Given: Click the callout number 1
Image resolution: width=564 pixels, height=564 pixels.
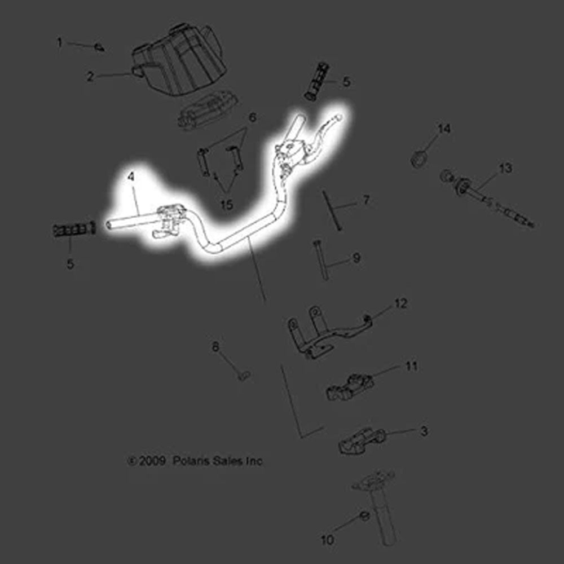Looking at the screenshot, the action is (x=59, y=43).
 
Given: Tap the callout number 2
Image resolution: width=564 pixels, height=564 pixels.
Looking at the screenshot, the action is (x=90, y=76).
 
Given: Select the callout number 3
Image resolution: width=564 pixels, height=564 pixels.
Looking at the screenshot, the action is (x=424, y=431).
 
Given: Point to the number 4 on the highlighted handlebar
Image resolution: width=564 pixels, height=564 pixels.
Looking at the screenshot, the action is (x=131, y=177).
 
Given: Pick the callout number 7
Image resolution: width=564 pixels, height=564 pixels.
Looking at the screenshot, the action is (x=366, y=200).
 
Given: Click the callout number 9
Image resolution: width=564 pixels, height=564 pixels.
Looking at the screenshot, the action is (x=356, y=258).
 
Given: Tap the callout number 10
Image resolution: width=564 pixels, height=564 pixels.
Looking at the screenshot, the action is (x=328, y=540).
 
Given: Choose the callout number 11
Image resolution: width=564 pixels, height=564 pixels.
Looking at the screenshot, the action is (x=412, y=366).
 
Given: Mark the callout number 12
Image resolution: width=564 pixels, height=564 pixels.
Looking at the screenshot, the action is (x=400, y=303).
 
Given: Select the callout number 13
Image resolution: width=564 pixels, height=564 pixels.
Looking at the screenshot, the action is (x=505, y=168).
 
